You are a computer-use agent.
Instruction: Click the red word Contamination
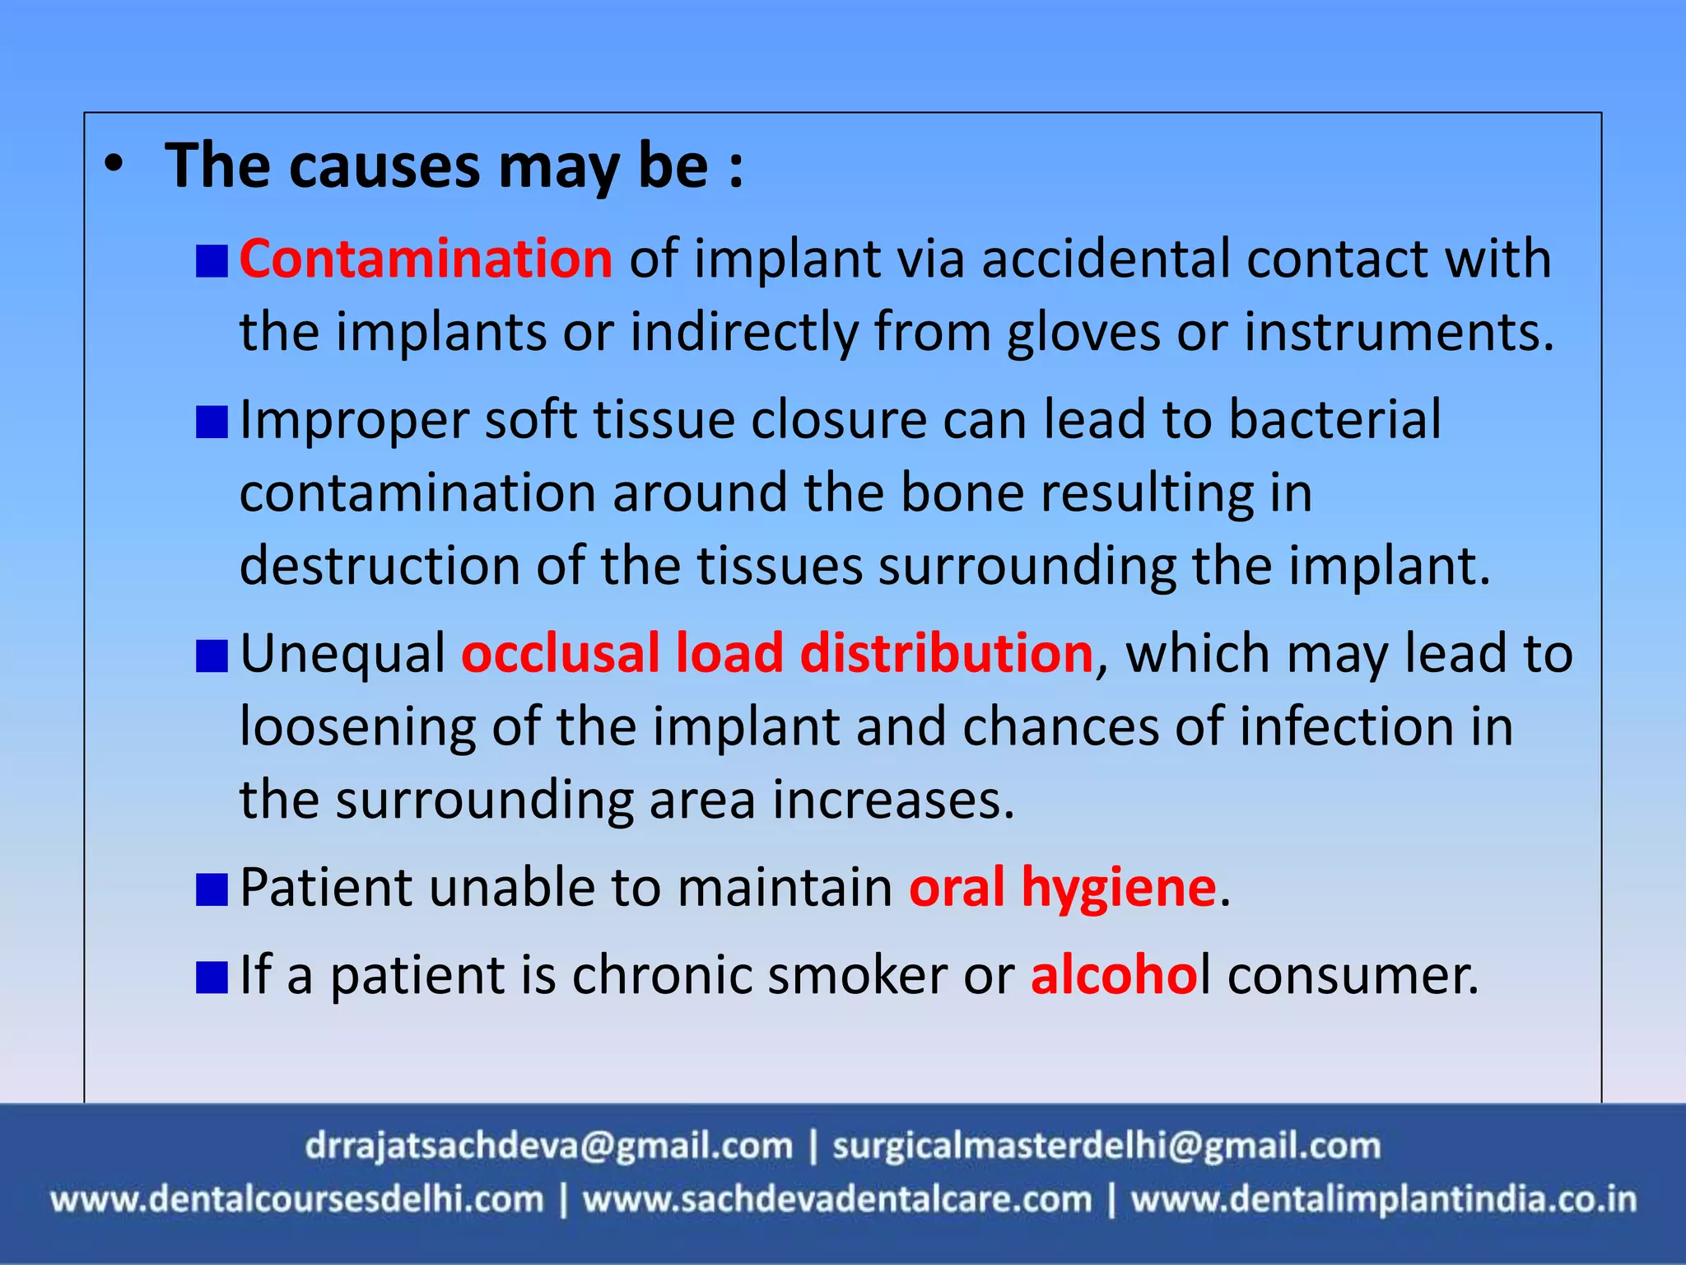click(426, 259)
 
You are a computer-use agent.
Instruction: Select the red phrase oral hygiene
click(1063, 888)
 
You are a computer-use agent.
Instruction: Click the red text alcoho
click(1115, 975)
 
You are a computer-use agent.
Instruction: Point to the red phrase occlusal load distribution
click(777, 654)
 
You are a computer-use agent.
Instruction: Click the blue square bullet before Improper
click(212, 422)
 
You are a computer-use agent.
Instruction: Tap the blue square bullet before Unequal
click(212, 657)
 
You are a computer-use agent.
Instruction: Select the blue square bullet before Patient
click(212, 890)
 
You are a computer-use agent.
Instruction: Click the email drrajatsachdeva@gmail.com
click(548, 1146)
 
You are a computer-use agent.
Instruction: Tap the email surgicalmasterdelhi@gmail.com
click(1106, 1146)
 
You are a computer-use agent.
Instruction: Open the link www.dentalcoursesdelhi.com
click(297, 1200)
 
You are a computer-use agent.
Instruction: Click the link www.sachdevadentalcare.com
click(837, 1200)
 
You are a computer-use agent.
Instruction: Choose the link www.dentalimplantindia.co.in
click(1384, 1200)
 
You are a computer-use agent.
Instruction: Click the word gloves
click(1083, 333)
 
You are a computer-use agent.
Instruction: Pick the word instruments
click(1399, 333)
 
